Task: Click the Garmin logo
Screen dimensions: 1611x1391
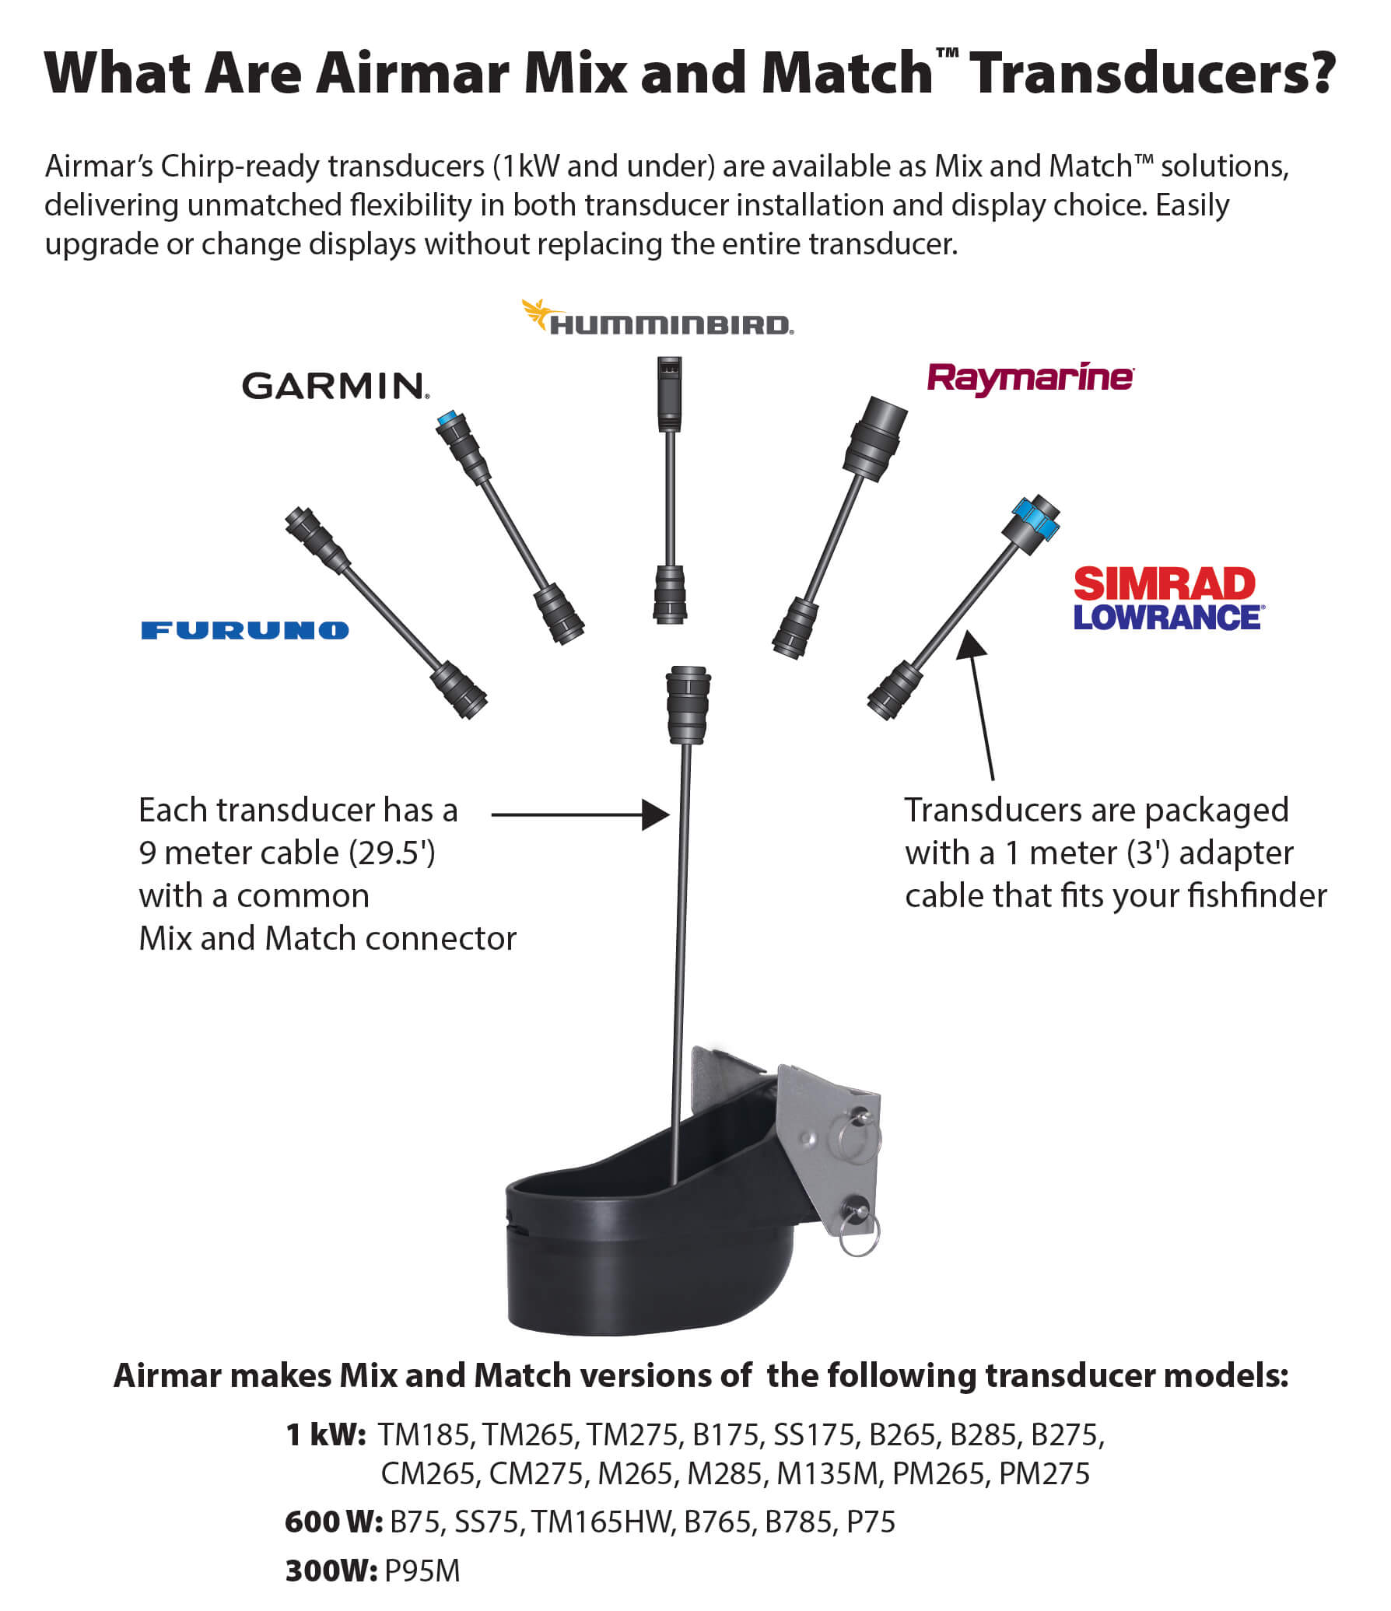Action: tap(335, 386)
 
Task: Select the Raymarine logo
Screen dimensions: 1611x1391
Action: tap(1030, 378)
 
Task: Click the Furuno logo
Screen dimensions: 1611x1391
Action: tap(245, 630)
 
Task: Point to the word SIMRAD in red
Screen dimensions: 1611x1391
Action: tap(1164, 583)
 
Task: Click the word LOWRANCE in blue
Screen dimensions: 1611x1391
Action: tap(1167, 618)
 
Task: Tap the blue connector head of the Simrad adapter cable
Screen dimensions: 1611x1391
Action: tap(1035, 518)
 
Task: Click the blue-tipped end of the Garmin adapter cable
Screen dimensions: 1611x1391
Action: tap(447, 419)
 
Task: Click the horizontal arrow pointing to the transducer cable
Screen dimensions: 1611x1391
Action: tap(580, 814)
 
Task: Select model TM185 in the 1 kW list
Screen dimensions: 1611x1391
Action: tap(424, 1434)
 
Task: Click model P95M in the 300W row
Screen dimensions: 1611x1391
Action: tap(422, 1571)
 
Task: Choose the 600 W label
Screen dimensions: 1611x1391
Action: tap(333, 1521)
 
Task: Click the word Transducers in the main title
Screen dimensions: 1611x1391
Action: tap(1152, 73)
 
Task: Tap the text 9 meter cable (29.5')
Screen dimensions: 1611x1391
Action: tap(287, 853)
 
